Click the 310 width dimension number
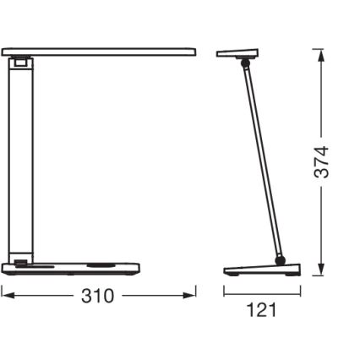click(100, 297)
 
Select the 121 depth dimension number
click(261, 309)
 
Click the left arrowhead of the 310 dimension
click(5, 295)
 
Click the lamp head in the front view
click(101, 52)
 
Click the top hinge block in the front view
click(19, 62)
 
